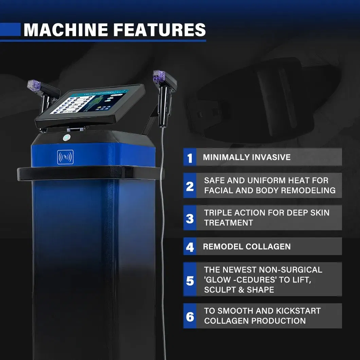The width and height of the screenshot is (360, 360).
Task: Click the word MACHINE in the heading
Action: (x=66, y=30)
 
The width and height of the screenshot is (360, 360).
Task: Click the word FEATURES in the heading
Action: (x=160, y=30)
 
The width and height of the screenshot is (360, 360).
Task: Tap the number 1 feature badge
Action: (x=190, y=157)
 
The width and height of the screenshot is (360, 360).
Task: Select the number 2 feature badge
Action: (x=190, y=185)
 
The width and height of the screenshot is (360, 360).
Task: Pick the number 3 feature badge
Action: (x=190, y=218)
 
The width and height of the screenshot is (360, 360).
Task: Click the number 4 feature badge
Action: (x=190, y=246)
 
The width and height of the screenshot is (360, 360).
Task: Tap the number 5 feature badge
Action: (x=190, y=279)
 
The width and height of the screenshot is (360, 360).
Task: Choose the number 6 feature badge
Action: (x=190, y=316)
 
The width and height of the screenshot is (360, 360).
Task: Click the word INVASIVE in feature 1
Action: (x=271, y=157)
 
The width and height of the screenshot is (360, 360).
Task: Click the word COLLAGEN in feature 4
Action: (x=268, y=247)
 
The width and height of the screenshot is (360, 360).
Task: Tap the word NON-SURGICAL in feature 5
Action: (x=290, y=270)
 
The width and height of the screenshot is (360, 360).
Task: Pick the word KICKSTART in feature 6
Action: (x=298, y=311)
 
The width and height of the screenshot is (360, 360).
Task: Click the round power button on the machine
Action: (x=67, y=138)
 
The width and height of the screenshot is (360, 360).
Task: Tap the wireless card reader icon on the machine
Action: (x=66, y=157)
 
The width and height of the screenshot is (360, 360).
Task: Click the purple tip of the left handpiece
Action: (x=34, y=85)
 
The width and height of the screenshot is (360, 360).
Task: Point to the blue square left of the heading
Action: (x=10, y=30)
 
